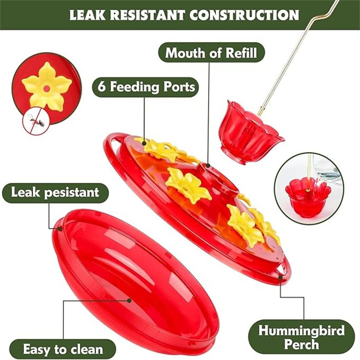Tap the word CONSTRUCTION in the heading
pyautogui.click(x=244, y=15)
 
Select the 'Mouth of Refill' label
pyautogui.click(x=211, y=53)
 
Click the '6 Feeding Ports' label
pyautogui.click(x=146, y=87)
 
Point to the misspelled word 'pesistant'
pyautogui.click(x=71, y=193)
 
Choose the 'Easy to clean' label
pyautogui.click(x=63, y=349)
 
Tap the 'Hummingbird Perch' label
pyautogui.click(x=301, y=337)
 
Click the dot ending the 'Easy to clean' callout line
pyautogui.click(x=129, y=301)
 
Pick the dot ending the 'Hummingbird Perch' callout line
pyautogui.click(x=280, y=277)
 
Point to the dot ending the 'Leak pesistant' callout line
pyautogui.click(x=60, y=229)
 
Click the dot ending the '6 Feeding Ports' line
pyautogui.click(x=144, y=144)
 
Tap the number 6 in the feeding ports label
pyautogui.click(x=102, y=87)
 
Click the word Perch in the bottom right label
pyautogui.click(x=301, y=345)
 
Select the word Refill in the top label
pyautogui.click(x=241, y=53)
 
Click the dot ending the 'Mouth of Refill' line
pyautogui.click(x=208, y=165)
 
